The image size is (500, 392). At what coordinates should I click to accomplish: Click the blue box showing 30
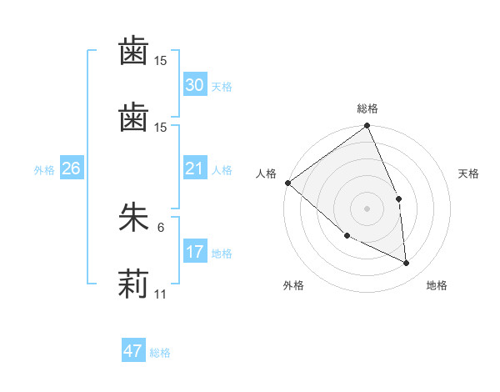pos(195,85)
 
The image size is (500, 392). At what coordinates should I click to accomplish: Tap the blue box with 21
pos(195,168)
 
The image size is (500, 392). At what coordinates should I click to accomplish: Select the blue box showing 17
pos(195,252)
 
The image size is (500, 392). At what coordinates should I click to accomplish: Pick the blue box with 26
pos(71,168)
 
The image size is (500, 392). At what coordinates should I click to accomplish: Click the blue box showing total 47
pos(133,351)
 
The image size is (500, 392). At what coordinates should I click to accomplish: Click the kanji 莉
pos(133,284)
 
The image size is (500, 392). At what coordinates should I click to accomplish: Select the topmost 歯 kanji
pos(133,52)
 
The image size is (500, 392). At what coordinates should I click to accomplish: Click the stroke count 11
pos(161,295)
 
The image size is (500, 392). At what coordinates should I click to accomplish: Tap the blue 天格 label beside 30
pos(222,87)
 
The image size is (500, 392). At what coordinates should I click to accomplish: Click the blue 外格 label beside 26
pos(44,170)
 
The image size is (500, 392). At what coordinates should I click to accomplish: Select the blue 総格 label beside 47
pos(160,353)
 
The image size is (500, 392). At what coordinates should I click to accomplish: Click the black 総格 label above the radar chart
pos(367,108)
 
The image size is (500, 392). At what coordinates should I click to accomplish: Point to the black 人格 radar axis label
pos(266,173)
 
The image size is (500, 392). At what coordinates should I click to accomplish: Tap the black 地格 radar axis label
pos(437,285)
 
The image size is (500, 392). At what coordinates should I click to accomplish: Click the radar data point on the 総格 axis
pos(367,127)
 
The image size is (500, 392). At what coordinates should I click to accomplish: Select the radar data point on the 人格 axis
pos(287,183)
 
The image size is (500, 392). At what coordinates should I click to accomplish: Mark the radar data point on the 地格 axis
pos(407,263)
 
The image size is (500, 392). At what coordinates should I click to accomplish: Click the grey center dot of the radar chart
pos(367,208)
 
